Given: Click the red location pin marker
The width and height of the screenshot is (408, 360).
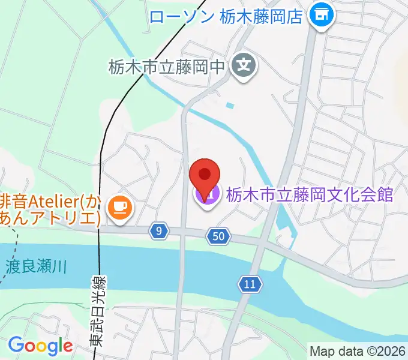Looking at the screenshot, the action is tap(204, 175).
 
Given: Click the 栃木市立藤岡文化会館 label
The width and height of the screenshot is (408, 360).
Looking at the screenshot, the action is tap(308, 194).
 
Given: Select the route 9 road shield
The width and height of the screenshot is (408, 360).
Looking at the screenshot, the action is tap(158, 231).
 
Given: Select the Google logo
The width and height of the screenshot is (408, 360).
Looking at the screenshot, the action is tap(40, 346).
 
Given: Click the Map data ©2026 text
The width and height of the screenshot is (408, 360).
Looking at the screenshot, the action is tap(358, 350).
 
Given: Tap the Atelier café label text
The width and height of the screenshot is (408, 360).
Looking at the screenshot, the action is tap(51, 208).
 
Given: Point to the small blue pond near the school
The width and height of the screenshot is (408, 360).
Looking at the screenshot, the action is tap(230, 106).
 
